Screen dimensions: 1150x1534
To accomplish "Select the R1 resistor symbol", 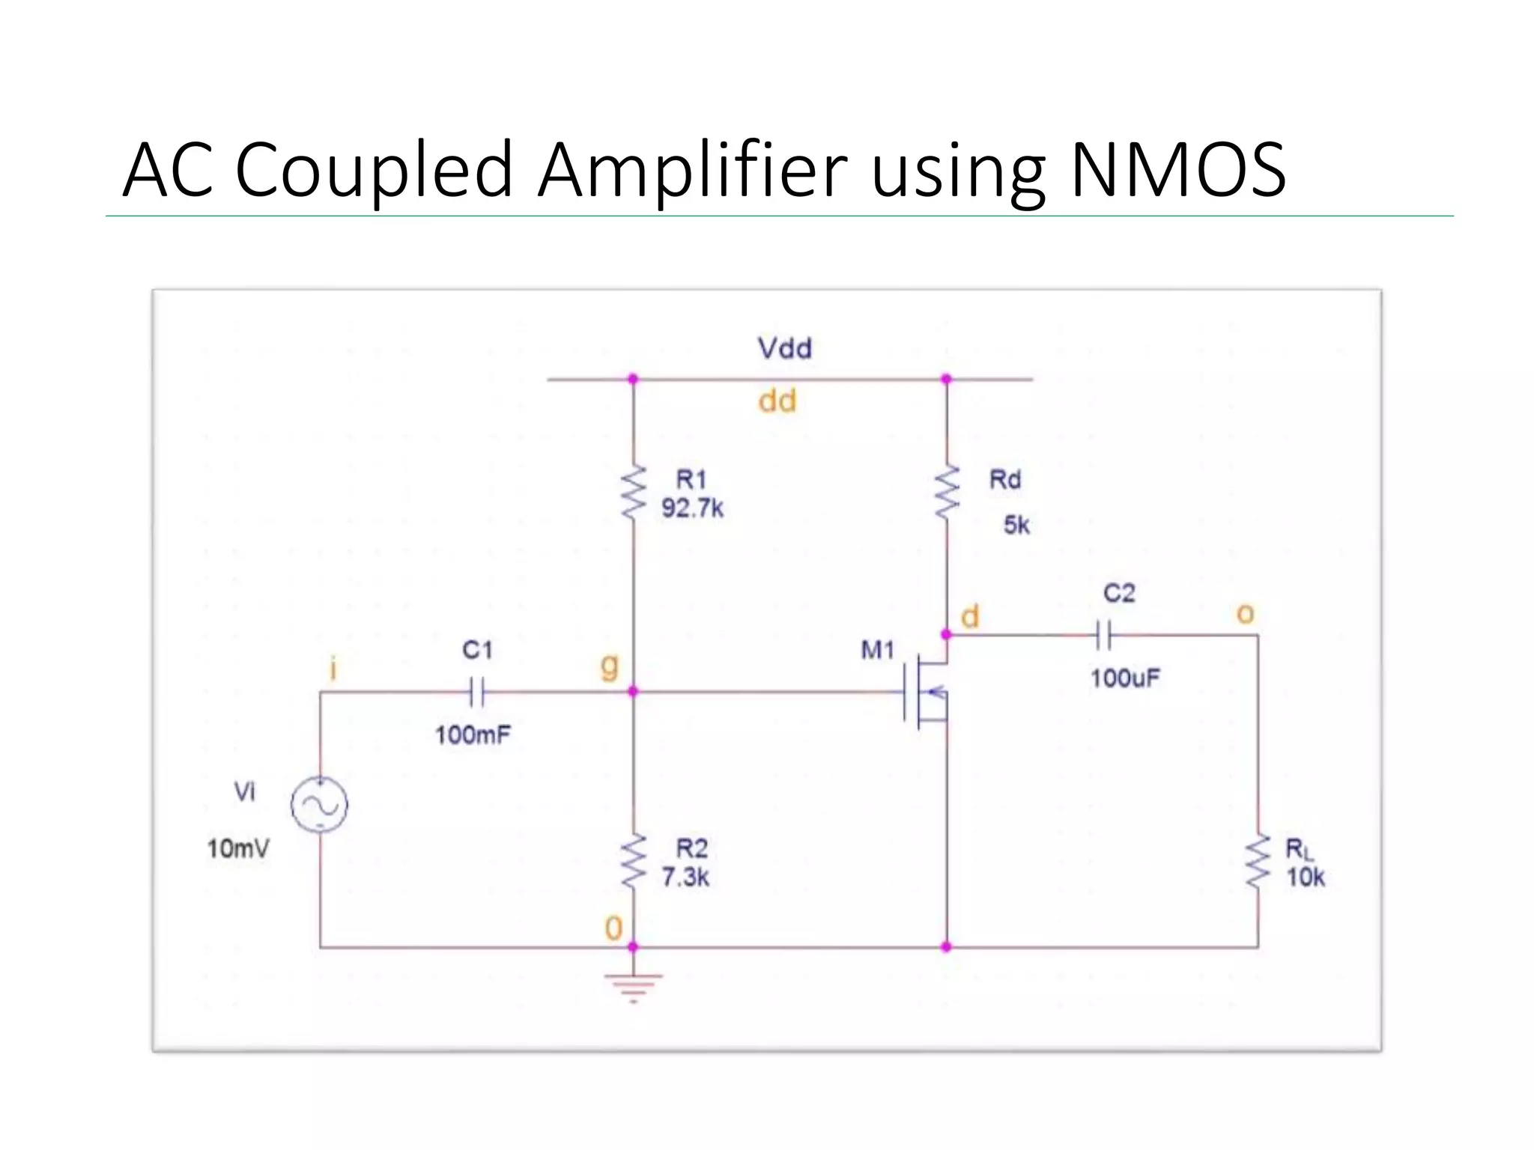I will pos(634,492).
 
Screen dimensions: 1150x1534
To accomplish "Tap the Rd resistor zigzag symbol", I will pos(947,492).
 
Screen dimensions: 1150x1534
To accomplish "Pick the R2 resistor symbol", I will pos(634,861).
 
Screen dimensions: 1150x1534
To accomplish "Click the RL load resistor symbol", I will pos(1258,862).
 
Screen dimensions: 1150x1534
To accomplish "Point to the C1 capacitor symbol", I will pos(477,692).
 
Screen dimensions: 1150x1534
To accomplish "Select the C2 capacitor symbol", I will pos(1103,636).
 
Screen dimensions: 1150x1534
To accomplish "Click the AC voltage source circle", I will pos(320,805).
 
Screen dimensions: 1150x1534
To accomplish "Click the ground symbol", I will pos(634,987).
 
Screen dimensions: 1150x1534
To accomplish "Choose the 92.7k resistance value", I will pos(692,509).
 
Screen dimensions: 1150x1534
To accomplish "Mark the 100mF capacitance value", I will pos(473,735).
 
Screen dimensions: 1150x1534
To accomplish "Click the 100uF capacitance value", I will pos(1125,679).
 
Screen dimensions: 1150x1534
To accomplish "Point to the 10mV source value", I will pos(238,849).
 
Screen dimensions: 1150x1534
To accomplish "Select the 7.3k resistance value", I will pos(685,877).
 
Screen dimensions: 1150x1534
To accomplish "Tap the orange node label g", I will pos(610,666).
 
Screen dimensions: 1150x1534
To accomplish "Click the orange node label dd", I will pos(777,401).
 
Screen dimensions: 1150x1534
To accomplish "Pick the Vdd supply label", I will pos(784,348).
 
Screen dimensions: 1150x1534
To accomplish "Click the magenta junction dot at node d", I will pos(947,635).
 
